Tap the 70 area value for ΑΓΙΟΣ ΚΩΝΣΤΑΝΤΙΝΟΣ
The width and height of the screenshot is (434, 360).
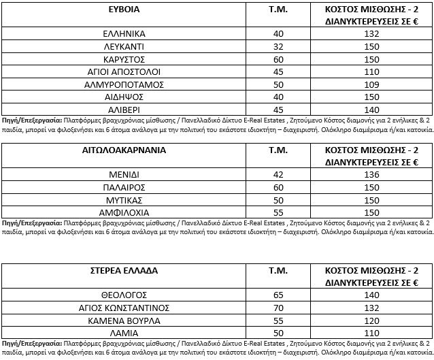[x=276, y=308]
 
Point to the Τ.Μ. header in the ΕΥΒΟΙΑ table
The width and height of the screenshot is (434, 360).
[x=276, y=10]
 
